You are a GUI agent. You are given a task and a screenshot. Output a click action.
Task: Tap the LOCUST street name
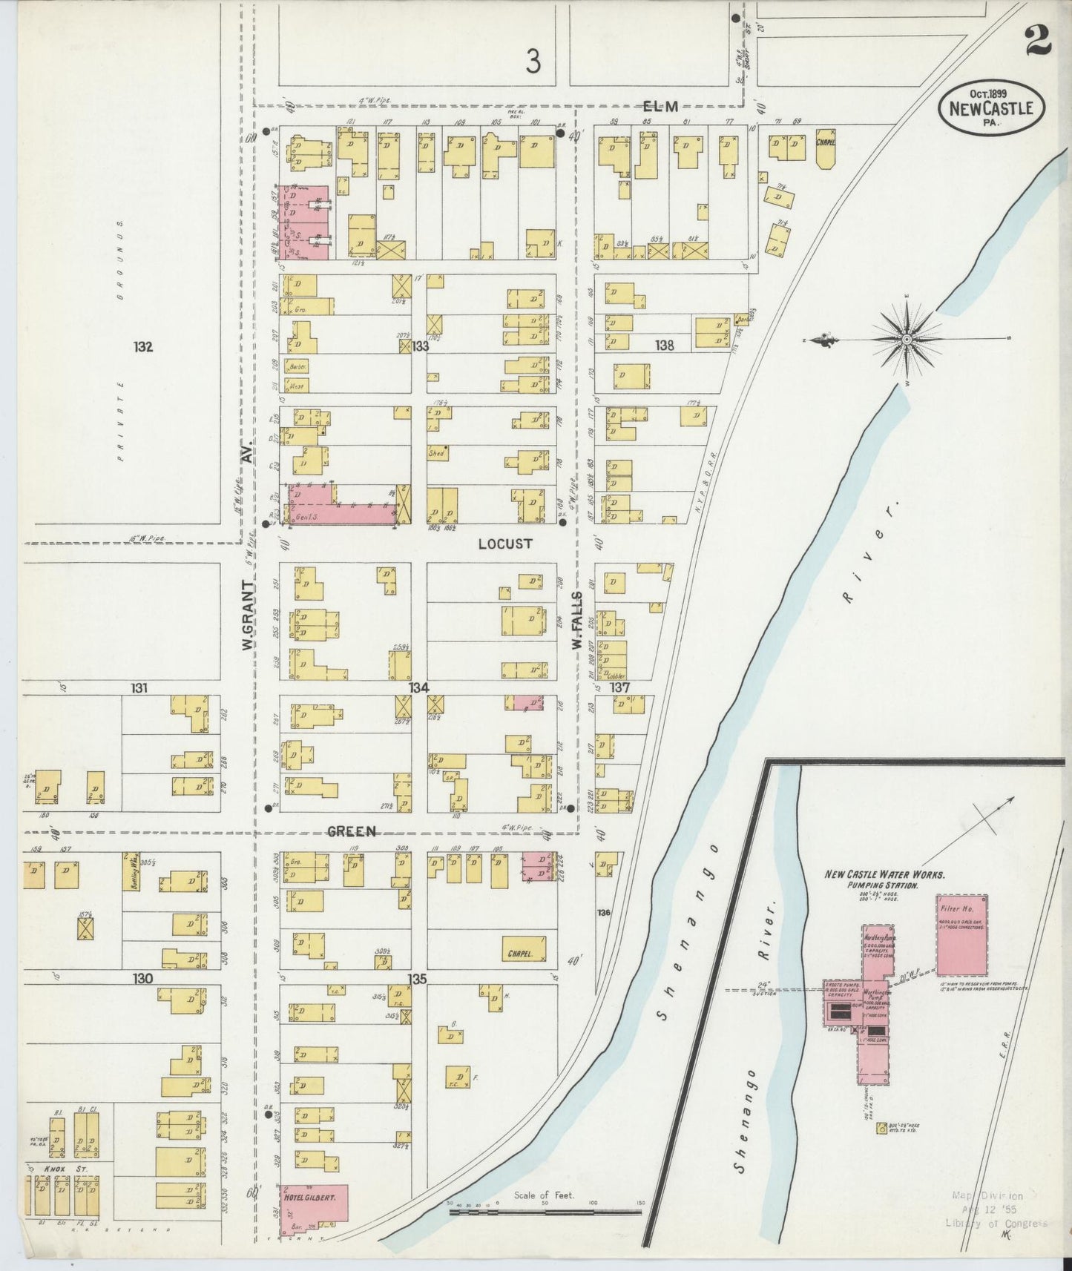click(x=504, y=544)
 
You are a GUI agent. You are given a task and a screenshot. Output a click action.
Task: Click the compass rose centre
click(x=907, y=340)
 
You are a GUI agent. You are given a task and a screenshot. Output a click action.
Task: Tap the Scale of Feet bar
click(x=545, y=1212)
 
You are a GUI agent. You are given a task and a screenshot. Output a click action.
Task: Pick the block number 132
click(x=143, y=346)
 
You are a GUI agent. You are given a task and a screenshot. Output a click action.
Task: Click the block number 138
click(x=664, y=345)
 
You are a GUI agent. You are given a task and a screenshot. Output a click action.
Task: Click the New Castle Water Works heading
click(x=884, y=875)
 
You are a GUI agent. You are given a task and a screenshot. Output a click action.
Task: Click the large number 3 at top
click(x=532, y=63)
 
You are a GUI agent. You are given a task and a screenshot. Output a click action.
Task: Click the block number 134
click(x=418, y=688)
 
